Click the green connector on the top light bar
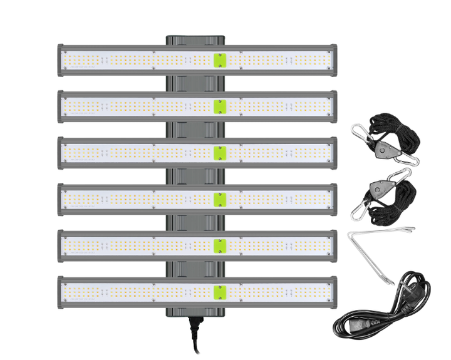219,60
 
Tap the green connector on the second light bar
219,106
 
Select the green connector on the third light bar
219,153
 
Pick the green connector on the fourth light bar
219,199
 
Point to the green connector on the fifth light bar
219,245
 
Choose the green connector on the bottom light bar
219,292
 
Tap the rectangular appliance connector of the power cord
366,326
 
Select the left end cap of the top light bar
60,60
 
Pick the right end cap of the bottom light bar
333,292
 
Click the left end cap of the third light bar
60,153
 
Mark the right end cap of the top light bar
333,60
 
